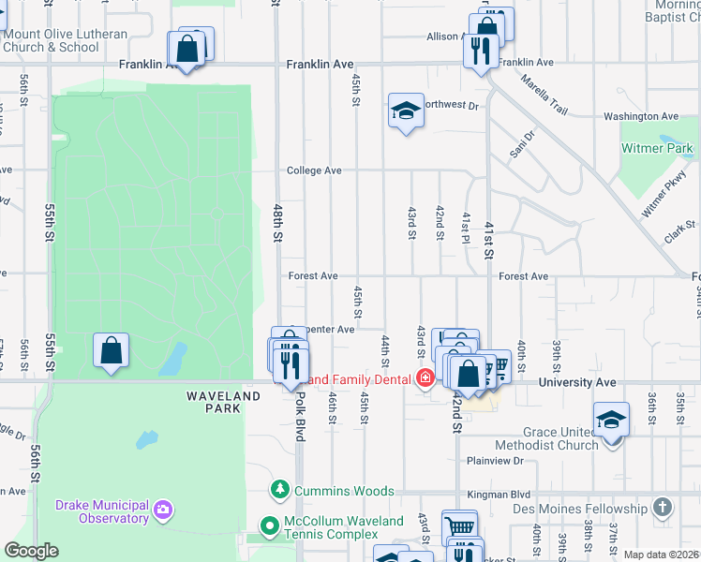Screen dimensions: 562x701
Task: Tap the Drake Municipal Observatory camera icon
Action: click(164, 510)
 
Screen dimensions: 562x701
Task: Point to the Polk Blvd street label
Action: click(300, 408)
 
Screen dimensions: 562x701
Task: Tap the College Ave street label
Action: click(314, 170)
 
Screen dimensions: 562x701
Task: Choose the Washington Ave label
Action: click(641, 116)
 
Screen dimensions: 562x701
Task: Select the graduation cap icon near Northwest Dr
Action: click(405, 112)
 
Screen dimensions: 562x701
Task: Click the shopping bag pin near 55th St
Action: click(111, 351)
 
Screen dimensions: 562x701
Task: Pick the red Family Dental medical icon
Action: click(425, 379)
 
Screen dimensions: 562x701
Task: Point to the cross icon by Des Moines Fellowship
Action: click(663, 509)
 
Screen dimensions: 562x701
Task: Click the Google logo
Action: click(31, 551)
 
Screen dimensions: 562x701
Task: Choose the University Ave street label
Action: click(577, 382)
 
